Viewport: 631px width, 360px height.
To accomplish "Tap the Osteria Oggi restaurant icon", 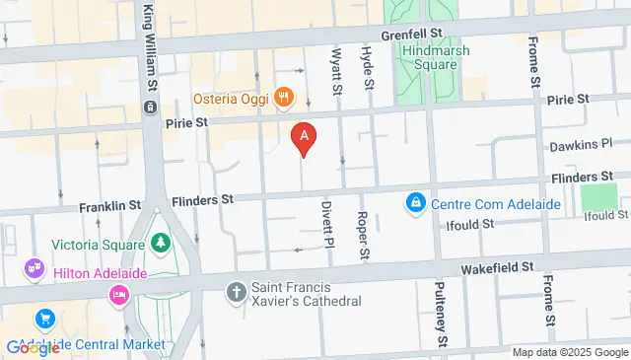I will pos(284,96).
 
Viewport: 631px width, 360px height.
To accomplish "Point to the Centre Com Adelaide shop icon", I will pos(416,204).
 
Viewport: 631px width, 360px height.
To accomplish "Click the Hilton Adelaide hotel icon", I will pos(119,294).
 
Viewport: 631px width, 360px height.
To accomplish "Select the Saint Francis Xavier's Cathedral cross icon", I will pos(236,292).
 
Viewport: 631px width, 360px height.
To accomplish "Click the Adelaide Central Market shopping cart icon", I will pos(44,320).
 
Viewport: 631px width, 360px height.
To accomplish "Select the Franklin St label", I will pos(109,205).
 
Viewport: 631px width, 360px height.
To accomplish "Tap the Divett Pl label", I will pos(328,231).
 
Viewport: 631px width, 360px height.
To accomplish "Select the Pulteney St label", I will pos(442,314).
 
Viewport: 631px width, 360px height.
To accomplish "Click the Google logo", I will pos(33,347).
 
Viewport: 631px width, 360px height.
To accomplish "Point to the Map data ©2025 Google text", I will pos(569,352).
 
